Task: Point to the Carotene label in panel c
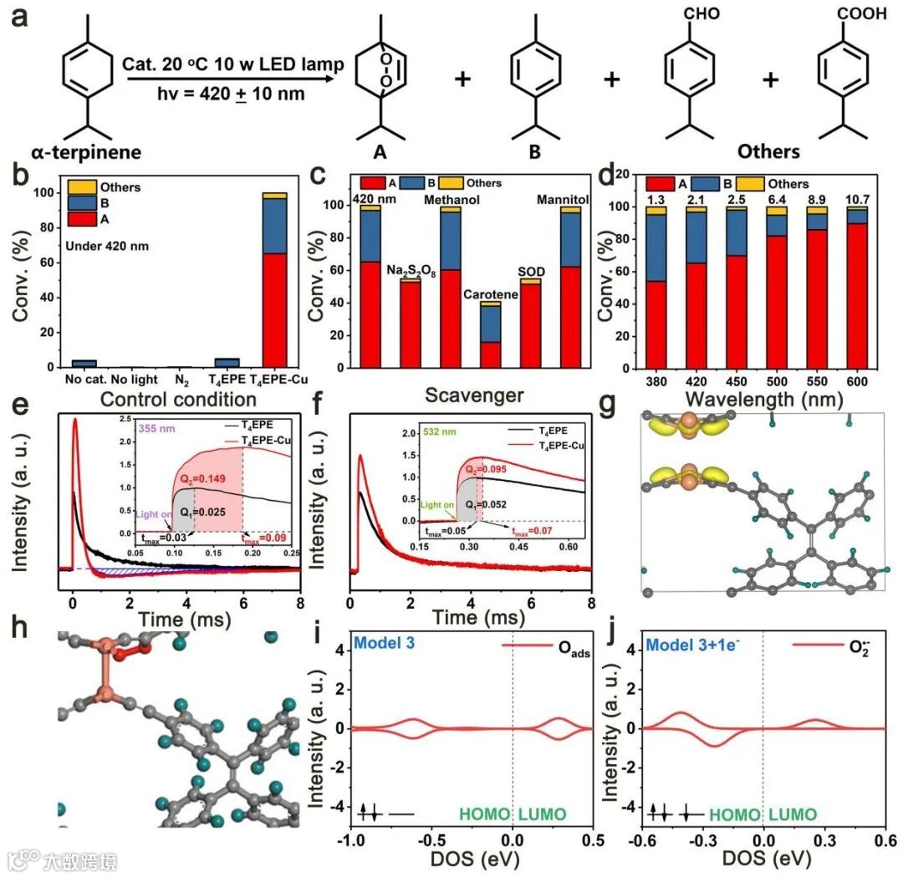point(492,294)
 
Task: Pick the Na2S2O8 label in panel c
point(410,270)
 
